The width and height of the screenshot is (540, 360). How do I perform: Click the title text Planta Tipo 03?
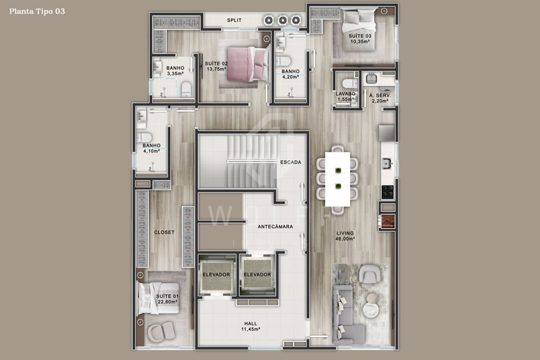[37, 11]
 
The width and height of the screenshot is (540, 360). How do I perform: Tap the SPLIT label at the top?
[234, 20]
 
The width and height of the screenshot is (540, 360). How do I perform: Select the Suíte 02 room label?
[217, 66]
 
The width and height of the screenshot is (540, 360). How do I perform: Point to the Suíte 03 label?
[359, 38]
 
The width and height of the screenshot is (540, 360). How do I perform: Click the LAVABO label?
[346, 97]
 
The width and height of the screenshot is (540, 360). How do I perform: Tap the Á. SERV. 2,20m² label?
[379, 98]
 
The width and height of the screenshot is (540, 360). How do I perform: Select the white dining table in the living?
[338, 179]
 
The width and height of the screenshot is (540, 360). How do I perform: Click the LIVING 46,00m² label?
[345, 235]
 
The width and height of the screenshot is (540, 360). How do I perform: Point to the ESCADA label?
[290, 163]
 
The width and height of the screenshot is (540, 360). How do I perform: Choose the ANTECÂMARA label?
[275, 227]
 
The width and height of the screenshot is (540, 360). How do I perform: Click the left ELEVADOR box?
[216, 275]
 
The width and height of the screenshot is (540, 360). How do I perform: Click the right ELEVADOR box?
[256, 275]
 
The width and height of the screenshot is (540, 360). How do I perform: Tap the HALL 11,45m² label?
[251, 326]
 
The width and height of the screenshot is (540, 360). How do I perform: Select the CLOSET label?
[164, 232]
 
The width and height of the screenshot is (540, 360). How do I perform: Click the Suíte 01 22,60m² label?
[167, 299]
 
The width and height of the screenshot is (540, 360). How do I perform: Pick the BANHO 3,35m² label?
[175, 71]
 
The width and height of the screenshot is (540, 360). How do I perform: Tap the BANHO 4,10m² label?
[151, 148]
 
